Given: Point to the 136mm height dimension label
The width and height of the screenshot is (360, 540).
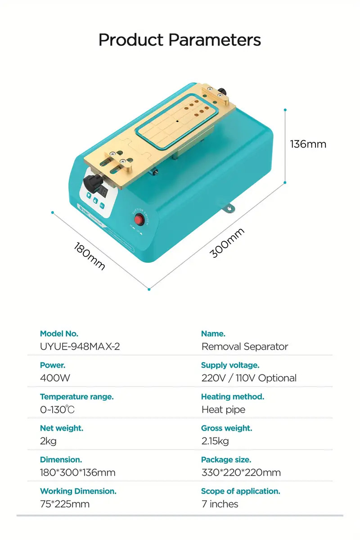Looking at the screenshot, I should pyautogui.click(x=308, y=144).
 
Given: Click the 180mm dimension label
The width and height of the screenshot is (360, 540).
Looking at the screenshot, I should pyautogui.click(x=90, y=256).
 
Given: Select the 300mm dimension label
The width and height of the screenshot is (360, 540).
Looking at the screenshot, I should pyautogui.click(x=228, y=243).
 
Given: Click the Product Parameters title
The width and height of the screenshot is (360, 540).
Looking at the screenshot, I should pyautogui.click(x=180, y=40).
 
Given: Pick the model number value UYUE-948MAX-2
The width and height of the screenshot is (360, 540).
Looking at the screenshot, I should pyautogui.click(x=80, y=346).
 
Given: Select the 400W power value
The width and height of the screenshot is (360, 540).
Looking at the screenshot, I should pyautogui.click(x=55, y=378).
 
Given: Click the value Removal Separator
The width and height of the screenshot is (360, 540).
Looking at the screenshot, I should pyautogui.click(x=245, y=346).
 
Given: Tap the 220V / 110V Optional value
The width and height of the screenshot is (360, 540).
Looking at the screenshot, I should pyautogui.click(x=249, y=378).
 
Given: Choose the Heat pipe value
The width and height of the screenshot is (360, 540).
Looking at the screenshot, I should pyautogui.click(x=223, y=409).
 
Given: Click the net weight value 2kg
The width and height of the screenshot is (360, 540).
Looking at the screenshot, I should pyautogui.click(x=48, y=441).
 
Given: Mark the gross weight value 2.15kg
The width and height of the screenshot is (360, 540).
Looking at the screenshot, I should pyautogui.click(x=215, y=441).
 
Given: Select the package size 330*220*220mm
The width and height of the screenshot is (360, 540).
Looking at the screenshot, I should pyautogui.click(x=241, y=472).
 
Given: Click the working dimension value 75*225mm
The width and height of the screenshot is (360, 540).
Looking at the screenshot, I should pyautogui.click(x=65, y=504).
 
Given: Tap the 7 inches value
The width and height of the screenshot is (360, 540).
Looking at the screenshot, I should pyautogui.click(x=220, y=504).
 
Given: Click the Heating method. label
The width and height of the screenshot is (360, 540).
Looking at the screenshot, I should pyautogui.click(x=233, y=397).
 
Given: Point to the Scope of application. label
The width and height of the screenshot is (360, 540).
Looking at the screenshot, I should pyautogui.click(x=241, y=491).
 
